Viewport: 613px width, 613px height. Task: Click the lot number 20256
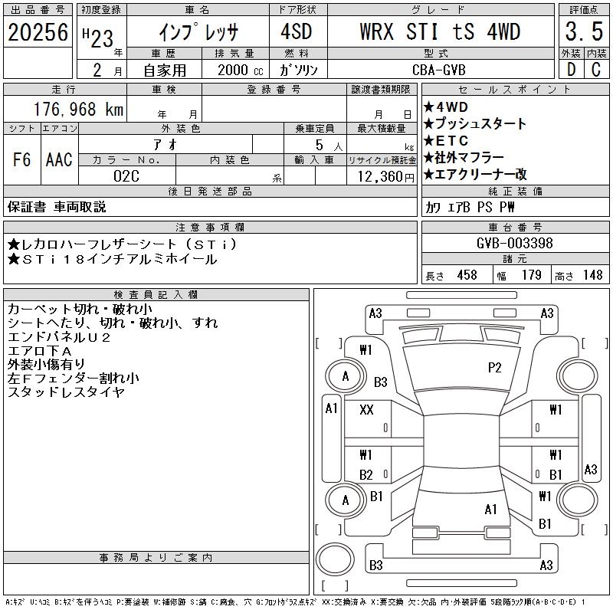[x=38, y=32]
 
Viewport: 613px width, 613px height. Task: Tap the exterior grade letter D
[x=571, y=70]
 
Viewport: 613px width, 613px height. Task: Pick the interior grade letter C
[x=596, y=70]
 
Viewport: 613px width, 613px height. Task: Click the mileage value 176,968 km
[x=79, y=109]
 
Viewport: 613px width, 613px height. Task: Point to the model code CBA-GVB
[x=439, y=70]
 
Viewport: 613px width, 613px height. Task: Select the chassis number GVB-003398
[x=514, y=243]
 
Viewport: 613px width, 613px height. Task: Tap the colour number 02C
[x=126, y=176]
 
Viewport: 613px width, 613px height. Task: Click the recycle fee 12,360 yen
[x=385, y=177]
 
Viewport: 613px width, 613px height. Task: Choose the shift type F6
[x=22, y=159]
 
